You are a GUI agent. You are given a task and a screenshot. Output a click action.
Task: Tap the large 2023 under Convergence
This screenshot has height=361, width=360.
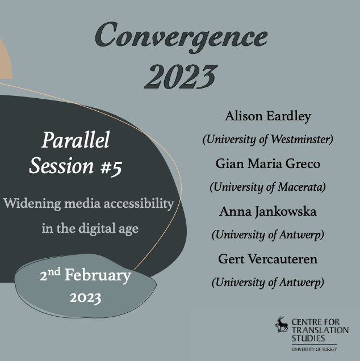[x=180, y=75]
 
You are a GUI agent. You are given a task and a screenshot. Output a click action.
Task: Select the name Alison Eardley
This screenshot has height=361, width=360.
[x=268, y=116]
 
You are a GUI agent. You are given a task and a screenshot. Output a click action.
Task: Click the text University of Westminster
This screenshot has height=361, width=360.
[x=268, y=139]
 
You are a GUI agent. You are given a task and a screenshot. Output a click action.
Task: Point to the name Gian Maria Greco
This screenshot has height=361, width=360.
[x=268, y=164]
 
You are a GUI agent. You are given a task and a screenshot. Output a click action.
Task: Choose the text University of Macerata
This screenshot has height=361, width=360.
[x=268, y=187]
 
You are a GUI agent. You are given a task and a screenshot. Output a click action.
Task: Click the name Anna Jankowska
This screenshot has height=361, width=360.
[x=268, y=211]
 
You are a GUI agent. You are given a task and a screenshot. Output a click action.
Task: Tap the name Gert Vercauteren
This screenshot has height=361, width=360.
[x=268, y=259]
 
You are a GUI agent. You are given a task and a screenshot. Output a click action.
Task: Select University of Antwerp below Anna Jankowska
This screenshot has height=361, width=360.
[x=268, y=234]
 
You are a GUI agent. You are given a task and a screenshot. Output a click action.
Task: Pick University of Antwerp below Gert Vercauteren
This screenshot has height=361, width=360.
[x=268, y=282]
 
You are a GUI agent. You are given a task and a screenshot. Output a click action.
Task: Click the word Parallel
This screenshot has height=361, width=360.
[x=76, y=140]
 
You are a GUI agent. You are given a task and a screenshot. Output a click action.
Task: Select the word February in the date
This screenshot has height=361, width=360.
[x=98, y=276]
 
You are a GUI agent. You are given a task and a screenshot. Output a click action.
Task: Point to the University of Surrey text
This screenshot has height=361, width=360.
[x=313, y=349]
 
